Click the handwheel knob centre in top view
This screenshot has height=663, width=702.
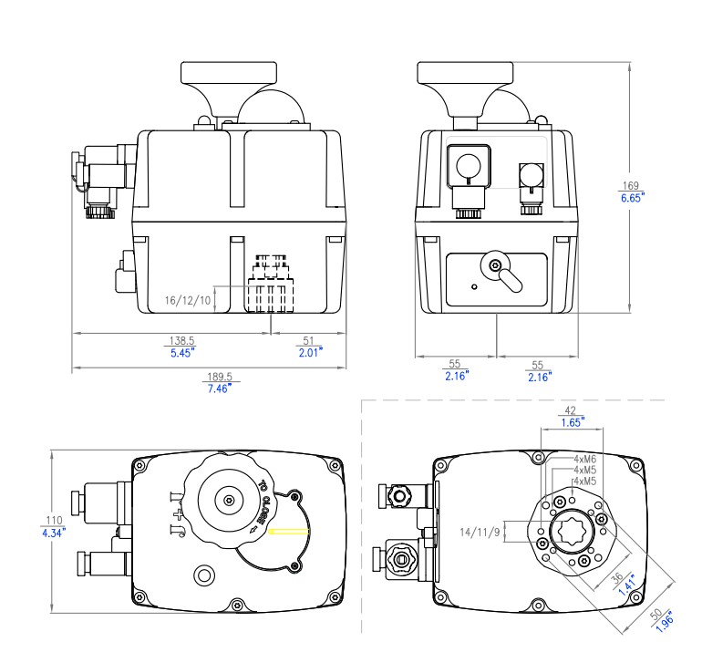(226, 501)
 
